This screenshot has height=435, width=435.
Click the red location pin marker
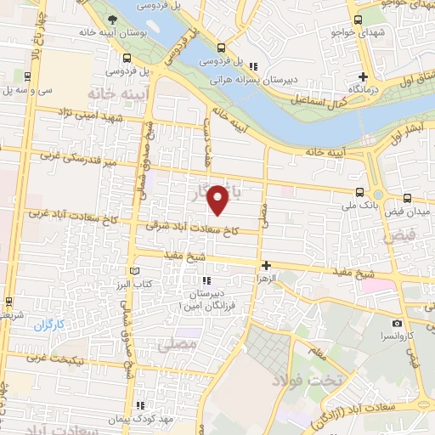(218, 201)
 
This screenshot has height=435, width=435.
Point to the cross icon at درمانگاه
(363, 76)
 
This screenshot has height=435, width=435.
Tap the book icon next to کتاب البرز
(132, 270)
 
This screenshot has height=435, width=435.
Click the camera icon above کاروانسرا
(397, 323)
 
